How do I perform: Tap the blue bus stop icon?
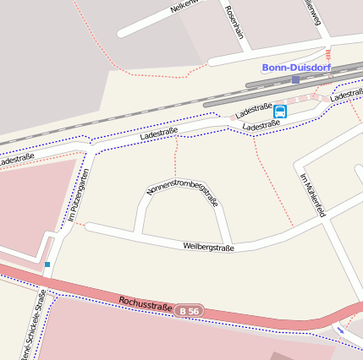[x=280, y=111]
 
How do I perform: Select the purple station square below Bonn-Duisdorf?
[x=295, y=79]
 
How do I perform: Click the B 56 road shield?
[x=190, y=311]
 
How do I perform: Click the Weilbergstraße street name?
[x=208, y=247]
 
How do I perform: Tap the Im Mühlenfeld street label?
[x=313, y=194]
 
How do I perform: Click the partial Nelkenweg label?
[x=188, y=5]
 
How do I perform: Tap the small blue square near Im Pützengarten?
[x=47, y=265]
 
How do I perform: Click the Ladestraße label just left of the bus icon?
[x=253, y=111]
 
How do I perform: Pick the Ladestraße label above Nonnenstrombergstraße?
[x=158, y=133]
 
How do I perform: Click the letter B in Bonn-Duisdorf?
[x=266, y=67]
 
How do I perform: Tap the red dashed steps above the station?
[x=327, y=53]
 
